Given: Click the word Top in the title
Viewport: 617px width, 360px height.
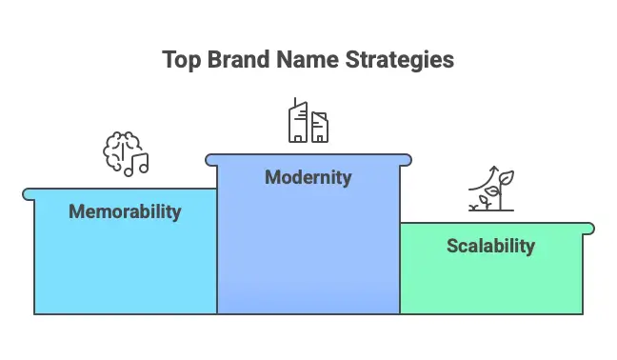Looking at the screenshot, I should pyautogui.click(x=181, y=60).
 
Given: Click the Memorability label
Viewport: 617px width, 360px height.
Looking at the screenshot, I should pyautogui.click(x=125, y=211).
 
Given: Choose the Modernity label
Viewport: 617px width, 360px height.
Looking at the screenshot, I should pyautogui.click(x=308, y=177).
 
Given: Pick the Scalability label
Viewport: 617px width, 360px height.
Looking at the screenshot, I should pyautogui.click(x=490, y=246).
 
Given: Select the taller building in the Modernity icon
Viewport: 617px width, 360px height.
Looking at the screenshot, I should pyautogui.click(x=298, y=121).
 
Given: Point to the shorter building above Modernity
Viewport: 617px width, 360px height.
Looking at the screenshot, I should pyautogui.click(x=320, y=128).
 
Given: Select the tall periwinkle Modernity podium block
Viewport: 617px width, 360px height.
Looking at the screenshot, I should pyautogui.click(x=308, y=248).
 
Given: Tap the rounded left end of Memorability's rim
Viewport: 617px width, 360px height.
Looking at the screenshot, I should pyautogui.click(x=28, y=193).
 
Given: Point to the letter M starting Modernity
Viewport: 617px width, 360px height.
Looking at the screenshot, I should pyautogui.click(x=272, y=177).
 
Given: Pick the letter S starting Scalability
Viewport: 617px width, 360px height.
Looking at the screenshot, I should pyautogui.click(x=452, y=246).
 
